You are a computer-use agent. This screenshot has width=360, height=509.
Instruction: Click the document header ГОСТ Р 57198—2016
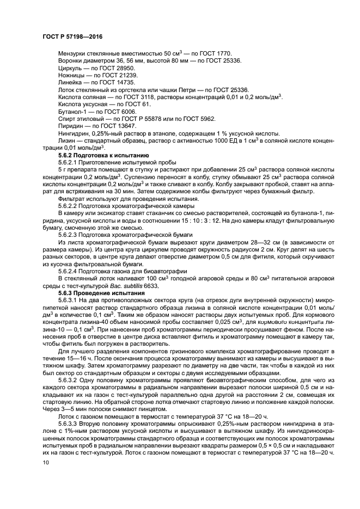72,36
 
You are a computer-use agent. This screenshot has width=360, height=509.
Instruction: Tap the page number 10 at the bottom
45,463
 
